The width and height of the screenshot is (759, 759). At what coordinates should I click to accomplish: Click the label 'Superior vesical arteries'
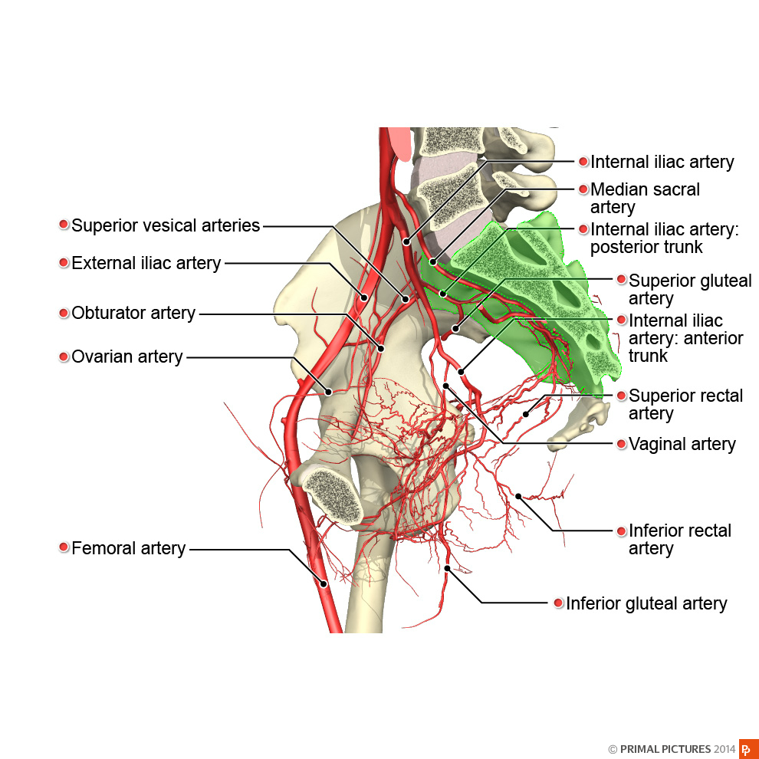pos(166,225)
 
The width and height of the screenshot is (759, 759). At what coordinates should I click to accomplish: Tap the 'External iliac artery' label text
pos(146,263)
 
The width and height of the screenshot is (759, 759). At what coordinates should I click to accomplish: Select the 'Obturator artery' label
pos(133,314)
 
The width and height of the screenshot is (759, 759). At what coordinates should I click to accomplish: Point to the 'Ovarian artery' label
pos(127,356)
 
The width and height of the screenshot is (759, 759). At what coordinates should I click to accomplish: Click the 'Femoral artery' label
pos(128,548)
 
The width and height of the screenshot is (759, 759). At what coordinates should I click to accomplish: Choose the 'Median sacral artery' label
pos(645,198)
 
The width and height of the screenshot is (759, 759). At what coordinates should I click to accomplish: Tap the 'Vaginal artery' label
pos(682,444)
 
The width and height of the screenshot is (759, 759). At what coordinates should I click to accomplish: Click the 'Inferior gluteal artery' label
pos(646,603)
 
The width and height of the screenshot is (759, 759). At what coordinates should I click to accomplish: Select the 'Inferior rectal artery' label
pos(679,539)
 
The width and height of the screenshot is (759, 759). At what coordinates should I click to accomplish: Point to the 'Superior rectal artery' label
pos(685,404)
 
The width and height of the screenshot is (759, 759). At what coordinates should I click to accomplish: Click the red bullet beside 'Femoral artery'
pos(64,547)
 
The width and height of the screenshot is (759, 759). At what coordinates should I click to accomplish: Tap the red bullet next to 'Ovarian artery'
pos(64,356)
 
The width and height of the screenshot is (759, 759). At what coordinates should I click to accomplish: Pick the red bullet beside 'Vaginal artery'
pos(622,444)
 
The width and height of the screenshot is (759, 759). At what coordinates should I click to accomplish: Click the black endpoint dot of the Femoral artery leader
pos(324,584)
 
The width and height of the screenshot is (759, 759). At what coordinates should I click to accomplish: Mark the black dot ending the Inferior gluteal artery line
pos(447,568)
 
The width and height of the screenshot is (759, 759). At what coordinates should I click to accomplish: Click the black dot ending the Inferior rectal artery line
pos(518,496)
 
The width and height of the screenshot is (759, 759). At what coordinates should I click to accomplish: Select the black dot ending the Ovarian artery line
pos(328,392)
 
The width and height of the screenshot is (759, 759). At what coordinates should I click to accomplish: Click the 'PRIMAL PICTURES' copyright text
pos(665,749)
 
